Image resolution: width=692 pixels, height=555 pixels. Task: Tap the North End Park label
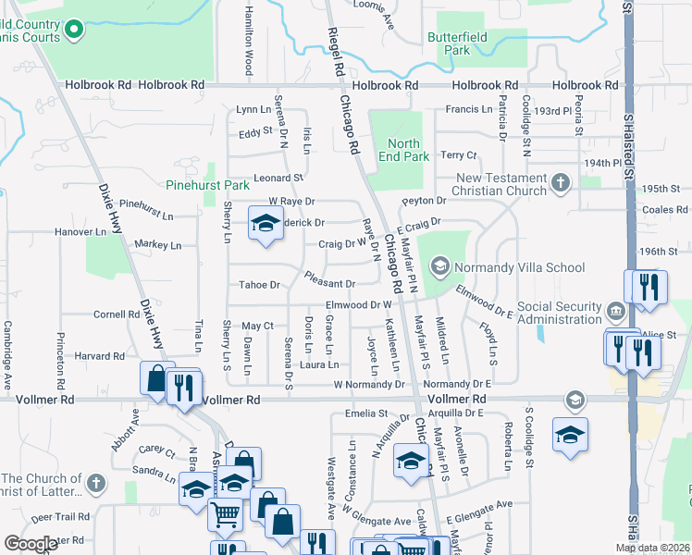pos(403,150)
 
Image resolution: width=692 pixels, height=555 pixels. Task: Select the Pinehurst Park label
pos(208,185)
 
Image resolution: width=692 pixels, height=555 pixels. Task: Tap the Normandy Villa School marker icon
pos(440,267)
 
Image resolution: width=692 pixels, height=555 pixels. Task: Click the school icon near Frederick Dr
pos(265,223)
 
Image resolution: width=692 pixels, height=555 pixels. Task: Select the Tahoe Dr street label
pos(259,285)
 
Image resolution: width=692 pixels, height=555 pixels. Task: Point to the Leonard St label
pos(279,178)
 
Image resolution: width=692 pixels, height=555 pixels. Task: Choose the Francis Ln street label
pos(468,109)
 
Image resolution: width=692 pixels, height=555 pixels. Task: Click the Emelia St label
pos(365,413)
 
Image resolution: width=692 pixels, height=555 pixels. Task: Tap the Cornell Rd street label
pos(116,314)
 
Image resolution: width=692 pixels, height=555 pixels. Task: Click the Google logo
pos(31,544)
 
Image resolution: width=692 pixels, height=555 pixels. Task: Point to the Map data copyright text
pos(651,549)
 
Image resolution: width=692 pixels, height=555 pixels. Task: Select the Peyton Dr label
pos(424,201)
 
